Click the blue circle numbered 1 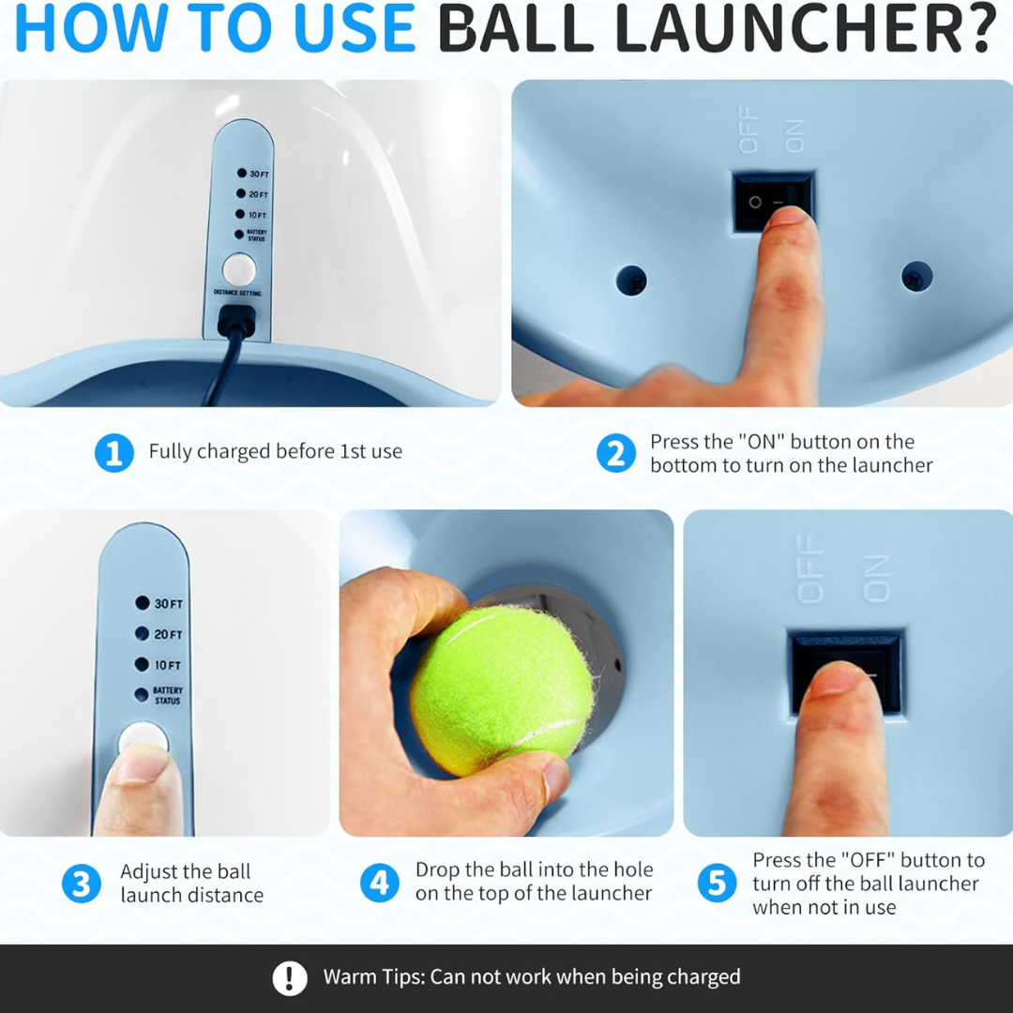[x=113, y=454]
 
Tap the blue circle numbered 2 [x=615, y=454]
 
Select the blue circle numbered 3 [x=81, y=884]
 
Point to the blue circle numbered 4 [x=379, y=884]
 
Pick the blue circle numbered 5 [x=717, y=884]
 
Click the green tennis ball [x=502, y=689]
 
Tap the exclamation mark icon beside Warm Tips [x=290, y=978]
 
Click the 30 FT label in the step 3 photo [x=169, y=604]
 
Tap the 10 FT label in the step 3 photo [x=167, y=665]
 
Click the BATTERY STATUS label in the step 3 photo [x=168, y=695]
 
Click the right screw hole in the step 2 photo [x=916, y=277]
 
